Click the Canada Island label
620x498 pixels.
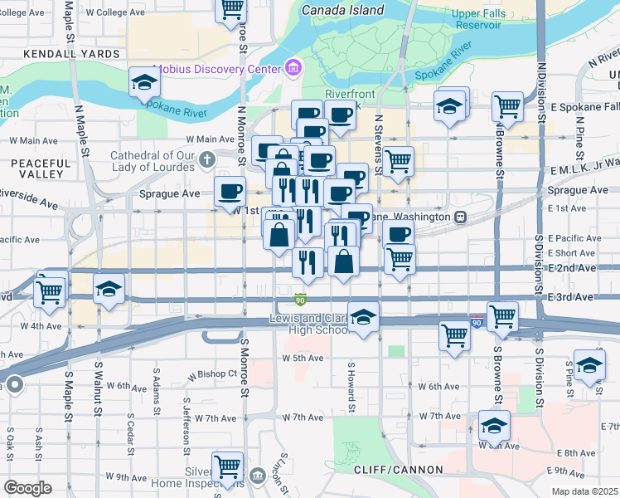[x=343, y=10]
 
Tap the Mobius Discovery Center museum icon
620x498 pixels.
[x=292, y=67]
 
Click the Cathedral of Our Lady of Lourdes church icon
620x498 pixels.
[x=209, y=159]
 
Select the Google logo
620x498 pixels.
[x=27, y=487]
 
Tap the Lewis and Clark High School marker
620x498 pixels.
[x=363, y=317]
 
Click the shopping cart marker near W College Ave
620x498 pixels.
[x=231, y=8]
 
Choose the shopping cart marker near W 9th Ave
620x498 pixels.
[x=227, y=466]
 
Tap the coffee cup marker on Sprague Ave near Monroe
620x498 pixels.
[x=229, y=191]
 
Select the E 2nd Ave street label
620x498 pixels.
[x=571, y=268]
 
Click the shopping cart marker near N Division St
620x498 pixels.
[x=506, y=106]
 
